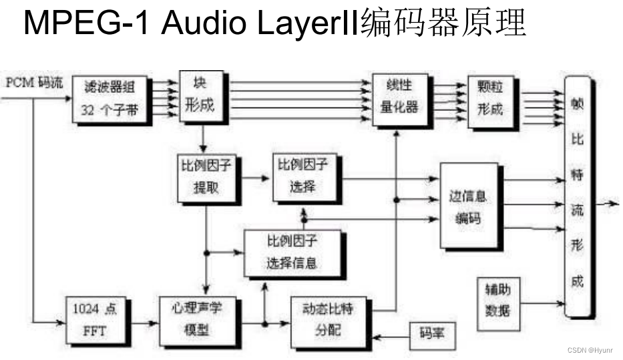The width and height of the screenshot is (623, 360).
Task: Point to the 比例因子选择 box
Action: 303,176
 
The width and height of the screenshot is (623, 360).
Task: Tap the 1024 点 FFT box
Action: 94,319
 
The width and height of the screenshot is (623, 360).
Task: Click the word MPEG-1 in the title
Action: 87,23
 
